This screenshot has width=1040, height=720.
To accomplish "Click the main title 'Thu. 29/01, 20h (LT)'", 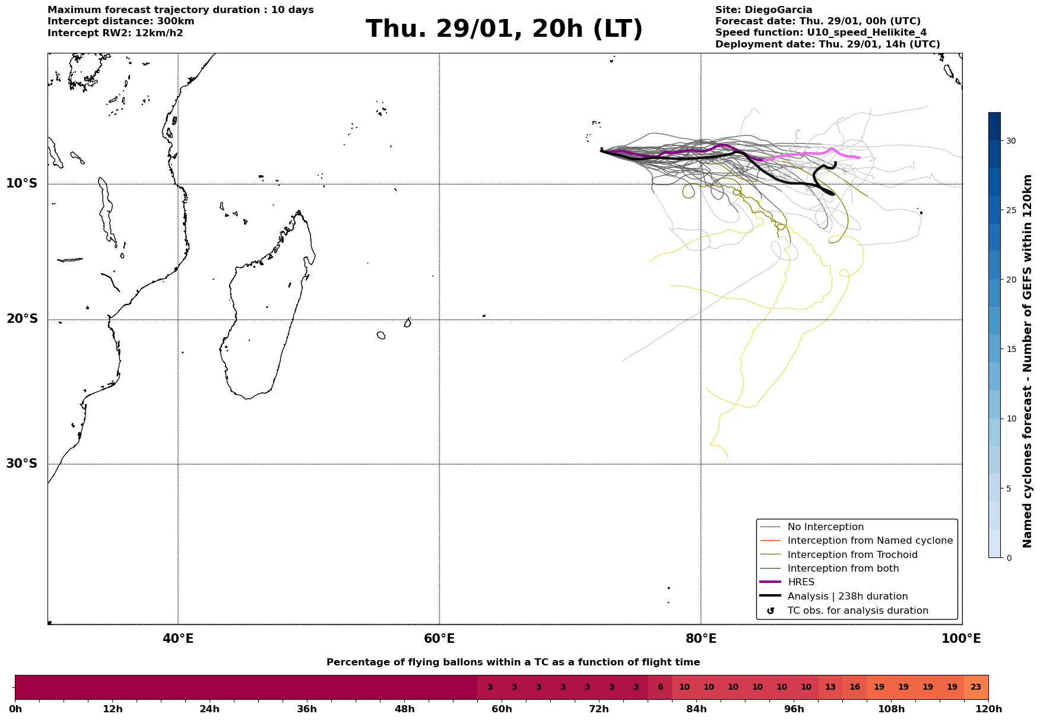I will tap(504, 29).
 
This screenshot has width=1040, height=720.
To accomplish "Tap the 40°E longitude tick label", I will tap(178, 639).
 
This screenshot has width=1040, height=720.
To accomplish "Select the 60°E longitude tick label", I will tap(439, 639).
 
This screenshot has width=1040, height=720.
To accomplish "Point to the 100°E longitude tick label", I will tap(962, 639).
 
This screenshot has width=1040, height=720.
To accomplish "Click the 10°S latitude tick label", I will tap(22, 183).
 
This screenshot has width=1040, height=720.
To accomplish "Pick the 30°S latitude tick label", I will tap(22, 464).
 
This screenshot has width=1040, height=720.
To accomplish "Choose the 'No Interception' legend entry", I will tap(825, 527).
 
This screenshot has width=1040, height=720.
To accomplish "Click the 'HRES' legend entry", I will tap(801, 582).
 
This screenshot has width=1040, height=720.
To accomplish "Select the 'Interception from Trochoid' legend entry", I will tap(852, 555).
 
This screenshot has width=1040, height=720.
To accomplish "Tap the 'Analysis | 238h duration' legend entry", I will tap(847, 597).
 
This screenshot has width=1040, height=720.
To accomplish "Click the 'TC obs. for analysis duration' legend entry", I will tap(857, 611).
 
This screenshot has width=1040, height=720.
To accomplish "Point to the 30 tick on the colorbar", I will tap(1010, 141).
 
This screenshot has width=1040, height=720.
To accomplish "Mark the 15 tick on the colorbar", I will tap(1010, 349).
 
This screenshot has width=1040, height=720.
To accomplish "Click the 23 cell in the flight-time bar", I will tap(976, 687).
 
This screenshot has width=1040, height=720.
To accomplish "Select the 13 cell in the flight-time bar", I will tap(830, 687).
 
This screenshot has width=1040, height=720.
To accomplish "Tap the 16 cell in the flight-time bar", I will tap(854, 687).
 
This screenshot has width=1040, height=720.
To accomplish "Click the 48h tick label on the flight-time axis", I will tap(404, 709).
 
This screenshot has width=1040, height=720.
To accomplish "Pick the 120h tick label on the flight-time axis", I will tap(988, 709).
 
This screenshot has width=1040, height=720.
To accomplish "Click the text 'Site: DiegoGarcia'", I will tap(763, 10).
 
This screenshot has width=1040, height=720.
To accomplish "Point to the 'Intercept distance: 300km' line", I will tap(121, 21).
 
